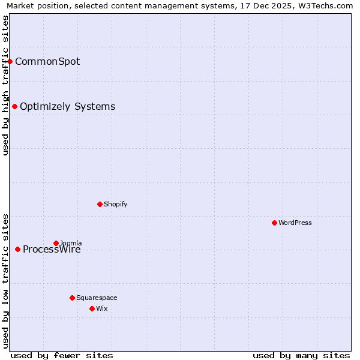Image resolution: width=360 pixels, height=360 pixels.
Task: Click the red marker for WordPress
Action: pos(274,223)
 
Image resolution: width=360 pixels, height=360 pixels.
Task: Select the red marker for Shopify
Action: pos(100,204)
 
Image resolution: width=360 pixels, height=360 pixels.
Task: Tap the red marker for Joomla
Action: pos(56,243)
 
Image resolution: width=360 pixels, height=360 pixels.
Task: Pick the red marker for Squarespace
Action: pos(72,298)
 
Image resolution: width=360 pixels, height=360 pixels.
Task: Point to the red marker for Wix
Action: pos(92,308)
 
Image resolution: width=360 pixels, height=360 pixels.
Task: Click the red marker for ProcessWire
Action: pos(17,249)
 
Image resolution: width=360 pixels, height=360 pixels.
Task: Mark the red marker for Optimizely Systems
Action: pos(14,106)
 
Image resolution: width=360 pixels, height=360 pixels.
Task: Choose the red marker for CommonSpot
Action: pos(10,61)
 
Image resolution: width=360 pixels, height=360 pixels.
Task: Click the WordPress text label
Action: pos(295,223)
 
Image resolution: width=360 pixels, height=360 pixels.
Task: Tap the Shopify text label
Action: pos(115,204)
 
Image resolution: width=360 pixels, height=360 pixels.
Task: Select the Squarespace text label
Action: pos(97,298)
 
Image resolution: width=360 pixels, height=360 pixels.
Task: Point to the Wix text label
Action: pos(101,308)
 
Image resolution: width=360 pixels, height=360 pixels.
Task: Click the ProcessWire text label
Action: pos(52,250)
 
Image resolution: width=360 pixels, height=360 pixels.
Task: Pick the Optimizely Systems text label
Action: pos(67,107)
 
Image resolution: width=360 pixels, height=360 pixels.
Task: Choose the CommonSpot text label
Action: pos(47,61)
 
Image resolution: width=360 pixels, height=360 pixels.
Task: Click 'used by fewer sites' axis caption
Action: pos(62,355)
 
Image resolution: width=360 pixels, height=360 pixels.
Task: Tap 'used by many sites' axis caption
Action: pos(301,355)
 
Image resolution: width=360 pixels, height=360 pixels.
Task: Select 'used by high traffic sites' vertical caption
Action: pos(5,85)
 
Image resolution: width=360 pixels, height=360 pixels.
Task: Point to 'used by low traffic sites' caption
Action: pos(5,281)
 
